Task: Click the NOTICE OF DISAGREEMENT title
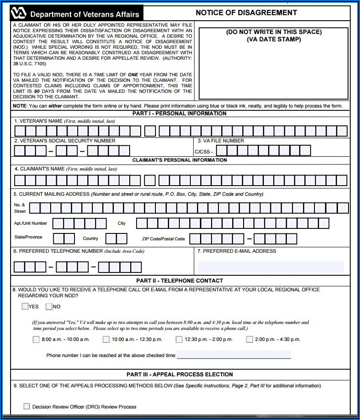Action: [246, 12]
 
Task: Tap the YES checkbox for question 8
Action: [25, 306]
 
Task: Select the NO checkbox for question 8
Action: [49, 306]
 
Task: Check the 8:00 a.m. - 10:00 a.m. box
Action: [36, 340]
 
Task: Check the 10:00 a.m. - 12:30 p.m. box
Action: [106, 340]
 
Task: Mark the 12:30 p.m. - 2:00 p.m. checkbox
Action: [179, 340]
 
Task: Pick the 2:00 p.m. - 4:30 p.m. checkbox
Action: [249, 340]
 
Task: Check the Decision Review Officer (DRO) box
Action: [27, 407]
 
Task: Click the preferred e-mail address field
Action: [270, 267]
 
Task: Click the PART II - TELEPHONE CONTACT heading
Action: [180, 280]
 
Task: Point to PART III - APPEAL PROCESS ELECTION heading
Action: [180, 375]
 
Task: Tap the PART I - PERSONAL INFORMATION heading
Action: [179, 114]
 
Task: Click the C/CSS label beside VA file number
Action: [204, 152]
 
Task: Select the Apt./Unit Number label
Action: [30, 223]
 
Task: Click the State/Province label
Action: [28, 237]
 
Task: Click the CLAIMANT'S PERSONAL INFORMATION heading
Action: [179, 160]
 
